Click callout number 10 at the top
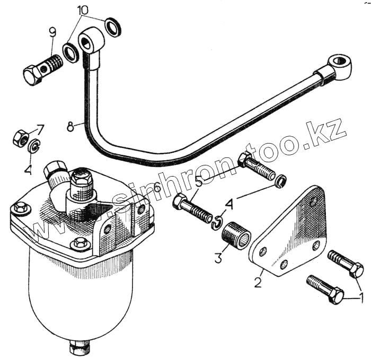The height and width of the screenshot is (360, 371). (83, 11)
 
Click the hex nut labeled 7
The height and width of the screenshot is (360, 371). (21, 139)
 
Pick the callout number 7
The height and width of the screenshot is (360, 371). (40, 129)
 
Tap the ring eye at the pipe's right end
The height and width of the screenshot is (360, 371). (339, 67)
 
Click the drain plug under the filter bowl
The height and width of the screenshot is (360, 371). (78, 347)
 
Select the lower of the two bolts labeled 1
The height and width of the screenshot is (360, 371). (325, 289)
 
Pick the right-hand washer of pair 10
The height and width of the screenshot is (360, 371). (112, 27)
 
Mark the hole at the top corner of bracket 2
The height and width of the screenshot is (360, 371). (314, 201)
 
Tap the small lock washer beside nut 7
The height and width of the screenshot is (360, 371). (34, 147)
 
